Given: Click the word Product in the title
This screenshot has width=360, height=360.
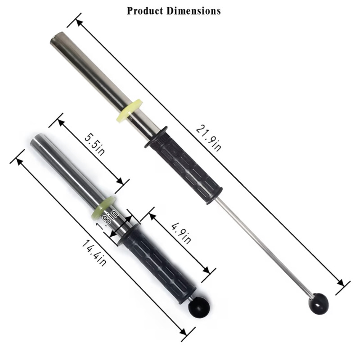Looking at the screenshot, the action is click(x=145, y=11).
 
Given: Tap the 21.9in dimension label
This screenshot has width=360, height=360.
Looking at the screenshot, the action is click(x=208, y=138).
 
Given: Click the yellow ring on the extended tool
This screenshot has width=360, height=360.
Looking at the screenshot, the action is click(x=129, y=109).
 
